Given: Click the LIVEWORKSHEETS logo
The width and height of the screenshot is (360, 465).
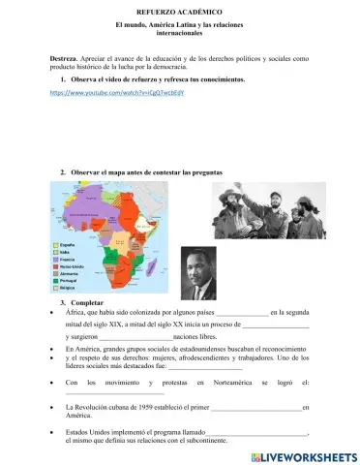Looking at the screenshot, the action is tap(305, 455).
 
